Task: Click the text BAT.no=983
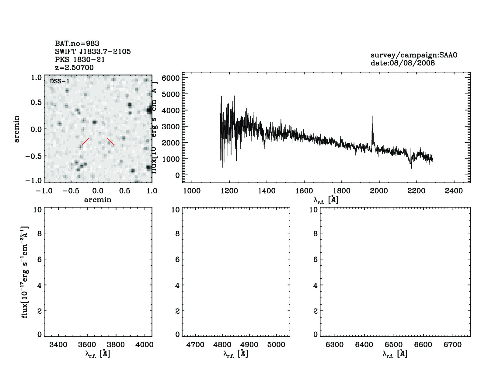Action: click(77, 44)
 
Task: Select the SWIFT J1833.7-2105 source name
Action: click(93, 51)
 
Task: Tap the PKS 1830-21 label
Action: click(80, 59)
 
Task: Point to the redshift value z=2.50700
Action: click(74, 67)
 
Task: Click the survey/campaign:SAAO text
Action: click(414, 55)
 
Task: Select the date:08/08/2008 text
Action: click(403, 63)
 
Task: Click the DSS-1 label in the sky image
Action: click(60, 82)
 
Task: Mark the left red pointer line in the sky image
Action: click(85, 142)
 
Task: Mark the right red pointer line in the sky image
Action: click(111, 141)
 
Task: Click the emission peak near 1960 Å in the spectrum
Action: click(372, 117)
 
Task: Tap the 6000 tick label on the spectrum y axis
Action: click(171, 78)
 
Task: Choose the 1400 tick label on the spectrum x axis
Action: click(267, 191)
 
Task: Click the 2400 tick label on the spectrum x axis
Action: click(454, 191)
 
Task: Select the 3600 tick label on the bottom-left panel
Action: click(87, 345)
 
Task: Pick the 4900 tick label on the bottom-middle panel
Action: click(249, 345)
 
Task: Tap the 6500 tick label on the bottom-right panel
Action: click(394, 345)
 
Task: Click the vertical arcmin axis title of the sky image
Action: click(17, 129)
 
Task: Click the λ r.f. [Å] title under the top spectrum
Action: click(326, 200)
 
